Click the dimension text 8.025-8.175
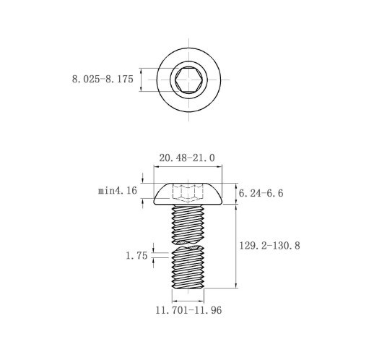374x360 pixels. pos(103,79)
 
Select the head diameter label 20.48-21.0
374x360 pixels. pos(187,158)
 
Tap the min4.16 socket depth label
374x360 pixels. pos(118,191)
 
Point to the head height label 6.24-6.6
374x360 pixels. pos(261,193)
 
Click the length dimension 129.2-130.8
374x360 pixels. pos(269,246)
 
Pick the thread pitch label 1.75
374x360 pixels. pos(136,256)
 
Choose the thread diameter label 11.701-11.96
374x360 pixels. pos(188,310)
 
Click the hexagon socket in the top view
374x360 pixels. pos(188,80)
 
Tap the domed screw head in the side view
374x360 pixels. pos(188,194)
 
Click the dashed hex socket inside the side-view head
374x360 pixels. pos(188,192)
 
